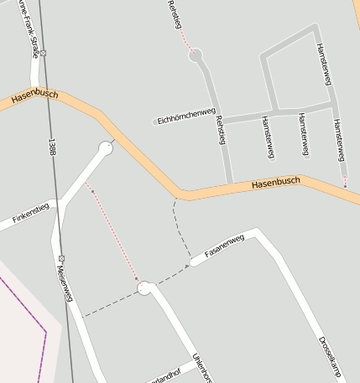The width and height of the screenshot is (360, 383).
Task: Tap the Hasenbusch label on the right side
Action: [275, 182]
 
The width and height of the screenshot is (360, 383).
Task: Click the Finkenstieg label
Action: [31, 214]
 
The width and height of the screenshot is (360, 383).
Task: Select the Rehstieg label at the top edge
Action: [175, 14]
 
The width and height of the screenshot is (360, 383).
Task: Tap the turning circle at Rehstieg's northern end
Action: [196, 56]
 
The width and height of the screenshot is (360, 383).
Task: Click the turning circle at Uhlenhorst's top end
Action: [144, 288]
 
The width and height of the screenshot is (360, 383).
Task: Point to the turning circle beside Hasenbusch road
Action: [106, 148]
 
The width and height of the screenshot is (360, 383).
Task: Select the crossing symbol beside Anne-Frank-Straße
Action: [44, 53]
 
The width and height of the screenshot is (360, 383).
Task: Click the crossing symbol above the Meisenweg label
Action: [61, 257]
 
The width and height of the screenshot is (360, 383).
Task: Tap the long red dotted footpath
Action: [113, 235]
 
